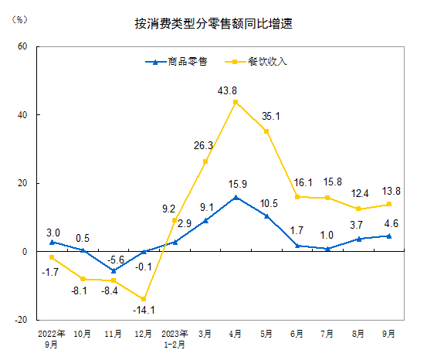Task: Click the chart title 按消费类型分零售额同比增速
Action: pyautogui.click(x=213, y=25)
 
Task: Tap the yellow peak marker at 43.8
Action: pyautogui.click(x=236, y=102)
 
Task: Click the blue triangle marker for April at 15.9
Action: pyautogui.click(x=236, y=197)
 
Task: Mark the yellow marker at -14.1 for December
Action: pyautogui.click(x=144, y=299)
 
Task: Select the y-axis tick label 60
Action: pyautogui.click(x=23, y=46)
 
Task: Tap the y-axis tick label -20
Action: pyautogui.click(x=22, y=320)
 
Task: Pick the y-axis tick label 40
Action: pyautogui.click(x=23, y=115)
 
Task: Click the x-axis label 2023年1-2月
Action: pyautogui.click(x=175, y=339)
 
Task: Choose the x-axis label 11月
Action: pyautogui.click(x=113, y=335)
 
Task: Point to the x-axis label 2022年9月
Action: pyautogui.click(x=52, y=339)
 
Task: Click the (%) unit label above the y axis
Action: pyautogui.click(x=21, y=19)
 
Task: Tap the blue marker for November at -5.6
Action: pyautogui.click(x=113, y=270)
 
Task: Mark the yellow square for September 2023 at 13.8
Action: pyautogui.click(x=389, y=204)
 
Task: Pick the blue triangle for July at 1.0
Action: pyautogui.click(x=327, y=248)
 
